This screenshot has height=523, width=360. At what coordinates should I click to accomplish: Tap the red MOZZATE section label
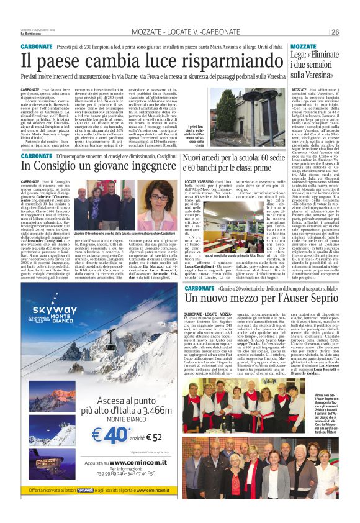pos(303,47)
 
